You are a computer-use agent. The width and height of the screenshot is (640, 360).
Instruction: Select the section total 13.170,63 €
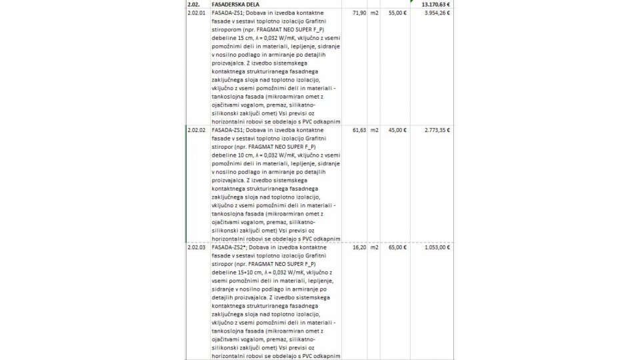tap(435, 4)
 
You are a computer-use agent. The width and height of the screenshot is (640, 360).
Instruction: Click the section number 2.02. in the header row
tap(195, 4)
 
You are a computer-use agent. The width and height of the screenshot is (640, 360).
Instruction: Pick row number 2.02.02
tap(197, 130)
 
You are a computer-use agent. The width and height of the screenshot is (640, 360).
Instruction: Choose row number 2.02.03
tap(197, 247)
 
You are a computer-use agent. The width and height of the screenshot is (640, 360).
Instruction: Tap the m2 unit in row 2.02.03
tap(375, 247)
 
